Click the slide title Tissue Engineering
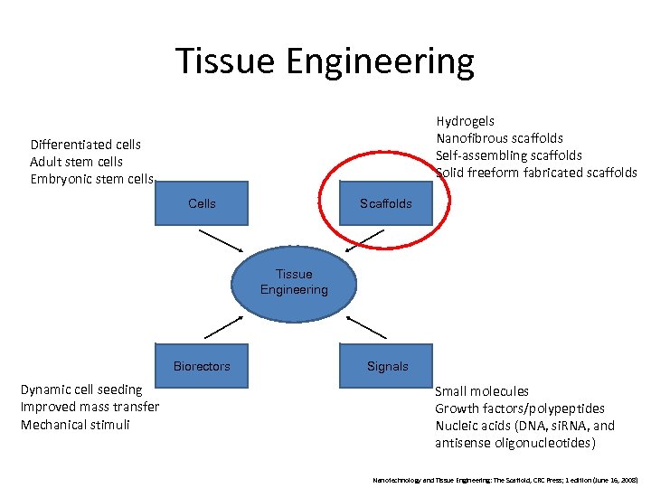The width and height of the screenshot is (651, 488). pyautogui.click(x=325, y=61)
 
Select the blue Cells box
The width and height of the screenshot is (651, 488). pyautogui.click(x=202, y=203)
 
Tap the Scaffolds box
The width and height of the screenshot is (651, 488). pyautogui.click(x=385, y=203)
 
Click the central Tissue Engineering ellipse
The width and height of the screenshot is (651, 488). pyautogui.click(x=294, y=281)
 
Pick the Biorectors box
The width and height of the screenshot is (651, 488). pyautogui.click(x=202, y=366)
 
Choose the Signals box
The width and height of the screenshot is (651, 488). pyautogui.click(x=387, y=366)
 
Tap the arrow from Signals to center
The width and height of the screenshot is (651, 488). pyautogui.click(x=365, y=326)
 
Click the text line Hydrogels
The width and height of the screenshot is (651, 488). pyautogui.click(x=465, y=121)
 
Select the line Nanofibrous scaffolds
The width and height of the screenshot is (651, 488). pyautogui.click(x=499, y=138)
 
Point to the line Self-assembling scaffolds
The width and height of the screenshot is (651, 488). pyautogui.click(x=508, y=155)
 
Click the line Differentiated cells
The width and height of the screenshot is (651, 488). pyautogui.click(x=85, y=145)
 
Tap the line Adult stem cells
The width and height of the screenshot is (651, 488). pyautogui.click(x=76, y=162)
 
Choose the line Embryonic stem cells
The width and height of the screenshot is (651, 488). pyautogui.click(x=91, y=179)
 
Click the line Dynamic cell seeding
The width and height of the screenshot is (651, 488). pyautogui.click(x=81, y=389)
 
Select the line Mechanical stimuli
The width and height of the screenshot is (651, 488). pyautogui.click(x=75, y=425)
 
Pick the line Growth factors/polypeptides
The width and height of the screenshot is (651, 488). pyautogui.click(x=520, y=408)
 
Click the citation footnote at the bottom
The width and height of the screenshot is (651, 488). pyautogui.click(x=505, y=479)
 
